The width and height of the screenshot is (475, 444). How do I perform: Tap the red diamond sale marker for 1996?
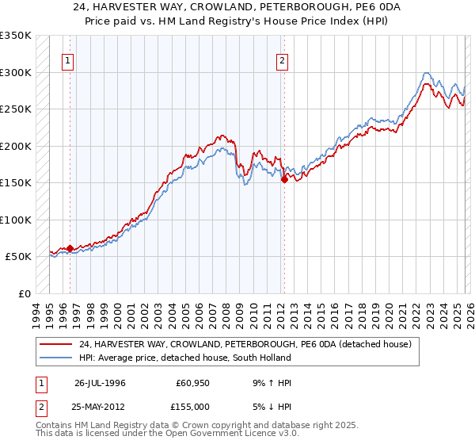pyautogui.click(x=70, y=248)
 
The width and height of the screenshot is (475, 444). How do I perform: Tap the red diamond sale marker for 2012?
pyautogui.click(x=283, y=180)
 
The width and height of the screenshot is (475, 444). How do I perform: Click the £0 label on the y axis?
pyautogui.click(x=24, y=293)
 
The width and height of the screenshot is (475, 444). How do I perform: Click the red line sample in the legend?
pyautogui.click(x=56, y=345)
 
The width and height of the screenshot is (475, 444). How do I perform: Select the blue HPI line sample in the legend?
pyautogui.click(x=56, y=358)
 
